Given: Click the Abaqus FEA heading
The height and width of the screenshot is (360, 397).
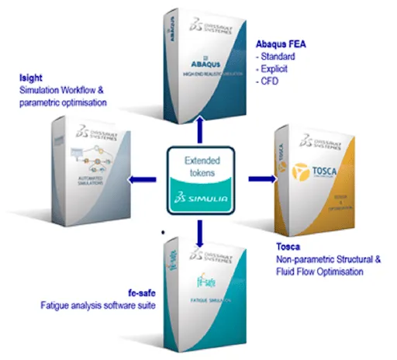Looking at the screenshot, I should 280,43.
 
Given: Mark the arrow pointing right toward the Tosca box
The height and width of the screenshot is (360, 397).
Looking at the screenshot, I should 258,180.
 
